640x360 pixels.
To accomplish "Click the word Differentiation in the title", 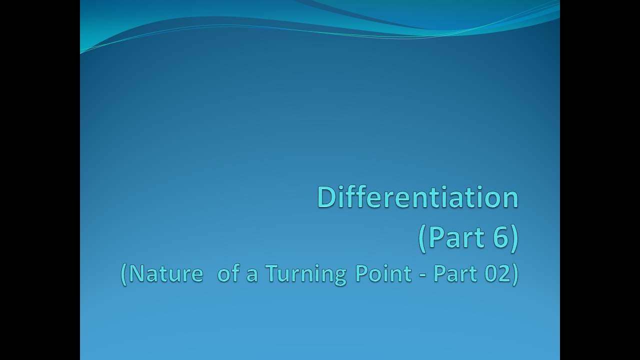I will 417,197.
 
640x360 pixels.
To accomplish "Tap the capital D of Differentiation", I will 326,197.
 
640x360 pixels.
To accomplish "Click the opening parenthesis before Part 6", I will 423,237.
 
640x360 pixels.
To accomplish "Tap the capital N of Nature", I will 137,273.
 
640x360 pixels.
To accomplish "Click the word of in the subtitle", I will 228,273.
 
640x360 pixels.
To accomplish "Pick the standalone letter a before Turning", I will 251,274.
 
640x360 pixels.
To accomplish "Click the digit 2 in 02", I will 501,273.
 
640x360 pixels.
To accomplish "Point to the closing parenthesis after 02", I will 514,274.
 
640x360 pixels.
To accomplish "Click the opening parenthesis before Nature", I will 124,274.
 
